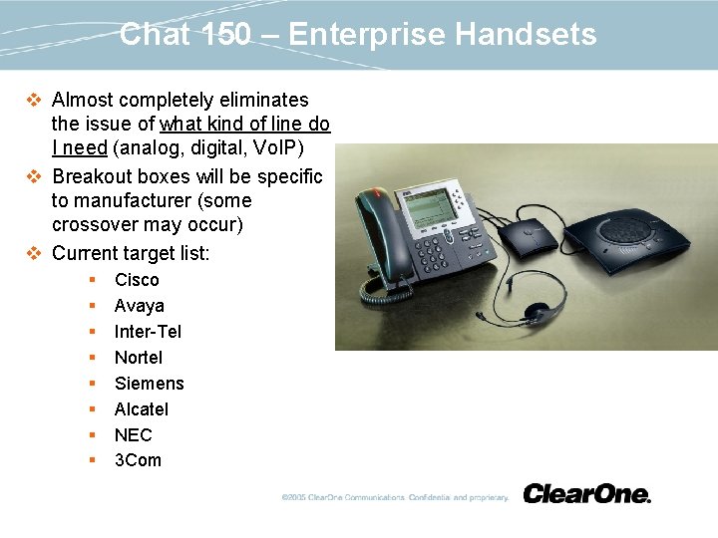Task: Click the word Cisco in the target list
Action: pos(137,280)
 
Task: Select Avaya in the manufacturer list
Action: pos(139,306)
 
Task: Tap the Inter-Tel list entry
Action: pos(148,332)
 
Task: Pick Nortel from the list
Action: pos(139,358)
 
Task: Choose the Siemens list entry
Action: pos(149,384)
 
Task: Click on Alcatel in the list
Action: pos(142,409)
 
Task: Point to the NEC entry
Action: pos(133,435)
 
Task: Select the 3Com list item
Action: pos(138,460)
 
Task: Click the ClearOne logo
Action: pos(586,493)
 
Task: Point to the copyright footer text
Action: pos(395,497)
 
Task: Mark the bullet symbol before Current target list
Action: pos(34,254)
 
